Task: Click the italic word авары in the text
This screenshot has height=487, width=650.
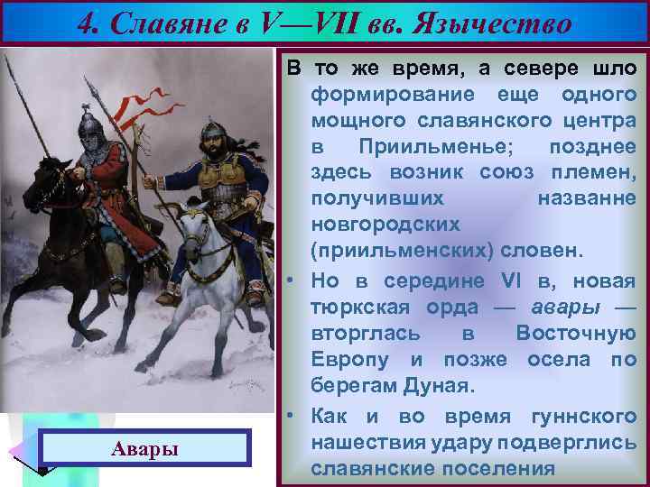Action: click(568, 307)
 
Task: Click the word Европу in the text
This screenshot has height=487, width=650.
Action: click(348, 360)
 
